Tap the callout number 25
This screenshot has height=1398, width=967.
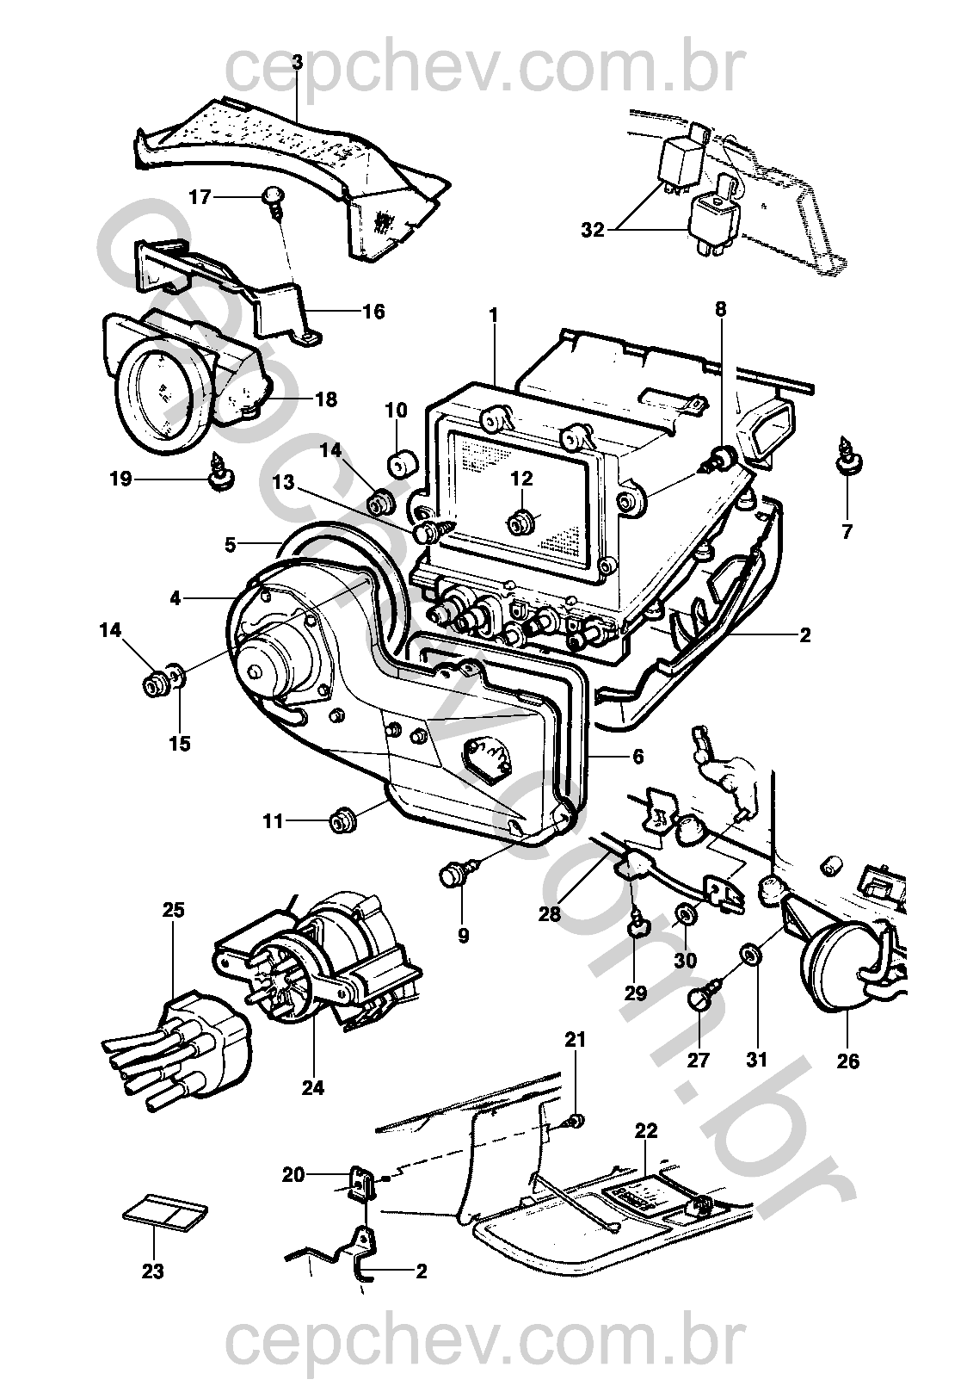tap(173, 910)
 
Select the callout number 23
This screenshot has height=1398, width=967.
tap(153, 1271)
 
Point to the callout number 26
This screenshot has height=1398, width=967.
tap(847, 1061)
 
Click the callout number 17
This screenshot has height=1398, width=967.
tap(200, 197)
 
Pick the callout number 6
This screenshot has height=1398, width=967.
tap(637, 757)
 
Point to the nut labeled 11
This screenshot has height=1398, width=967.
tap(343, 821)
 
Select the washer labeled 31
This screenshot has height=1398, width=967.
tap(748, 954)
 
